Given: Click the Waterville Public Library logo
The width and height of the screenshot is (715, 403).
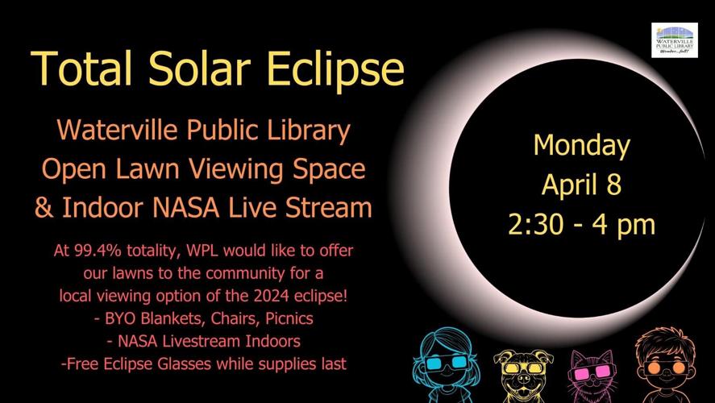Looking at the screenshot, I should click(674, 40).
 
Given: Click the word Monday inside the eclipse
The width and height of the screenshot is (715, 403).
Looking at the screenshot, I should click(581, 146).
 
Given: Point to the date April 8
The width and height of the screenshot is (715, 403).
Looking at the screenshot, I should click(581, 185).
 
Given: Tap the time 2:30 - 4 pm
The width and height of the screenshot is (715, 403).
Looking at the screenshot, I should click(581, 223).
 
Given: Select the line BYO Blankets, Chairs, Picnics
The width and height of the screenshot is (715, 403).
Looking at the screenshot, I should click(203, 318).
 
